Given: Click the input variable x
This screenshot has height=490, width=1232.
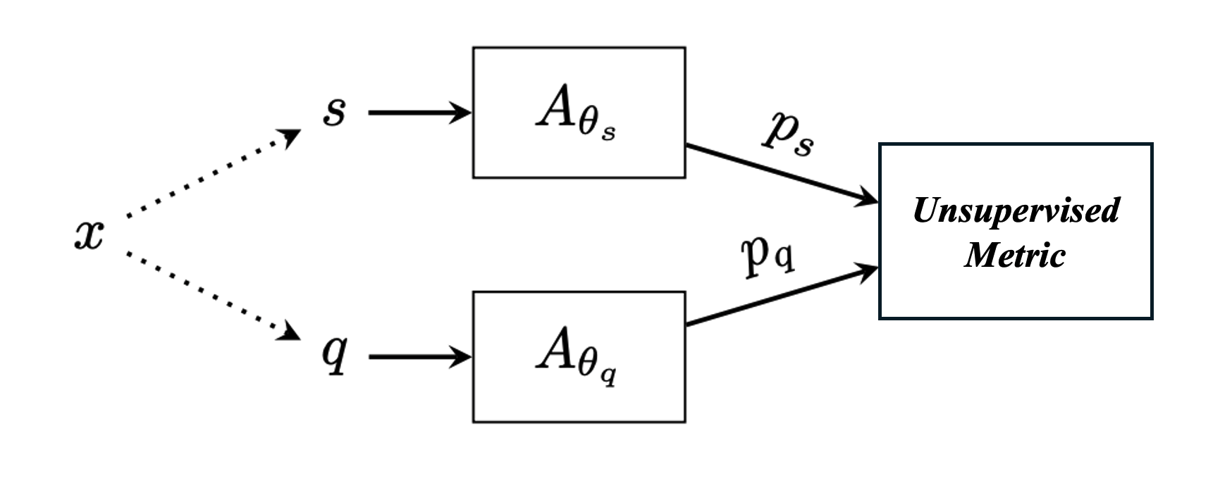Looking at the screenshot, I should pos(89,234).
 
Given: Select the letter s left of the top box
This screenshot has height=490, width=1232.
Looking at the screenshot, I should pos(334,112).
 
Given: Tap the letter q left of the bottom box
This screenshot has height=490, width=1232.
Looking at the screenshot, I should pos(334,354).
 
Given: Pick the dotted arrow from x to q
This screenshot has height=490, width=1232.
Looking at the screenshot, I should pos(211,294).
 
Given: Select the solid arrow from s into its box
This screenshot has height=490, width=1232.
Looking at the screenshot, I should pos(419,113).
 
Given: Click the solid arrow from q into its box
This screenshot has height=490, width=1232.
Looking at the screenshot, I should pos(419,358).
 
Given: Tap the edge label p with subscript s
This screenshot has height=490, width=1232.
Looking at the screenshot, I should pos(789,133).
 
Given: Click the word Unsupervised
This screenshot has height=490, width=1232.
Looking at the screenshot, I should pos(1016,211).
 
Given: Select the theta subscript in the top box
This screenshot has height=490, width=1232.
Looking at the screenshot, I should pos(591,126).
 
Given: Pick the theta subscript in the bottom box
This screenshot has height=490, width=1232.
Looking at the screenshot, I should pos(591,367).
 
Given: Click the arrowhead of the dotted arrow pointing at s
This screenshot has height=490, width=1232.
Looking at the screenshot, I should pos(291,137).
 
